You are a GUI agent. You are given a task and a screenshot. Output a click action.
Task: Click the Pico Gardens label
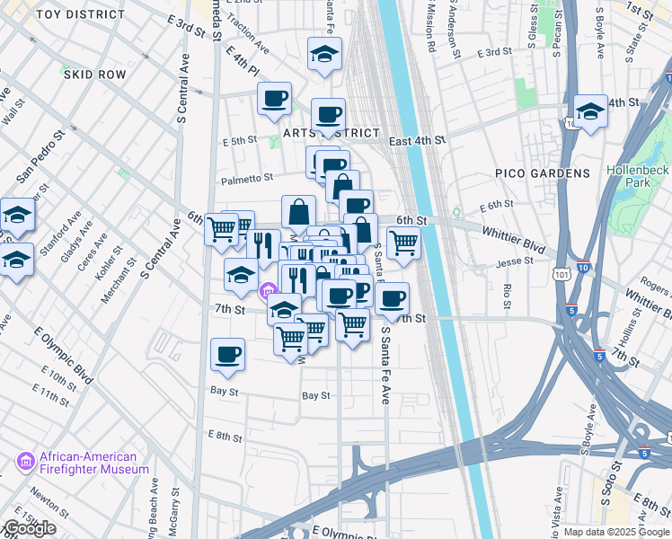point(542,172)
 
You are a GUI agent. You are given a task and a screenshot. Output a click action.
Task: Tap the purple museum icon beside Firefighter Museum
point(25,463)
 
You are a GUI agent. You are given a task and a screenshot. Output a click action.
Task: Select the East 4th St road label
point(417,140)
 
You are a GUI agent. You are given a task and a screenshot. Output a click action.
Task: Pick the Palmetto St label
point(248,179)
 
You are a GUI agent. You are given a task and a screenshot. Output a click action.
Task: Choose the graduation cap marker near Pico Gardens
point(589,111)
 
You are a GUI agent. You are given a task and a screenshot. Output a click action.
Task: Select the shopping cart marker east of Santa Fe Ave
point(403,242)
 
